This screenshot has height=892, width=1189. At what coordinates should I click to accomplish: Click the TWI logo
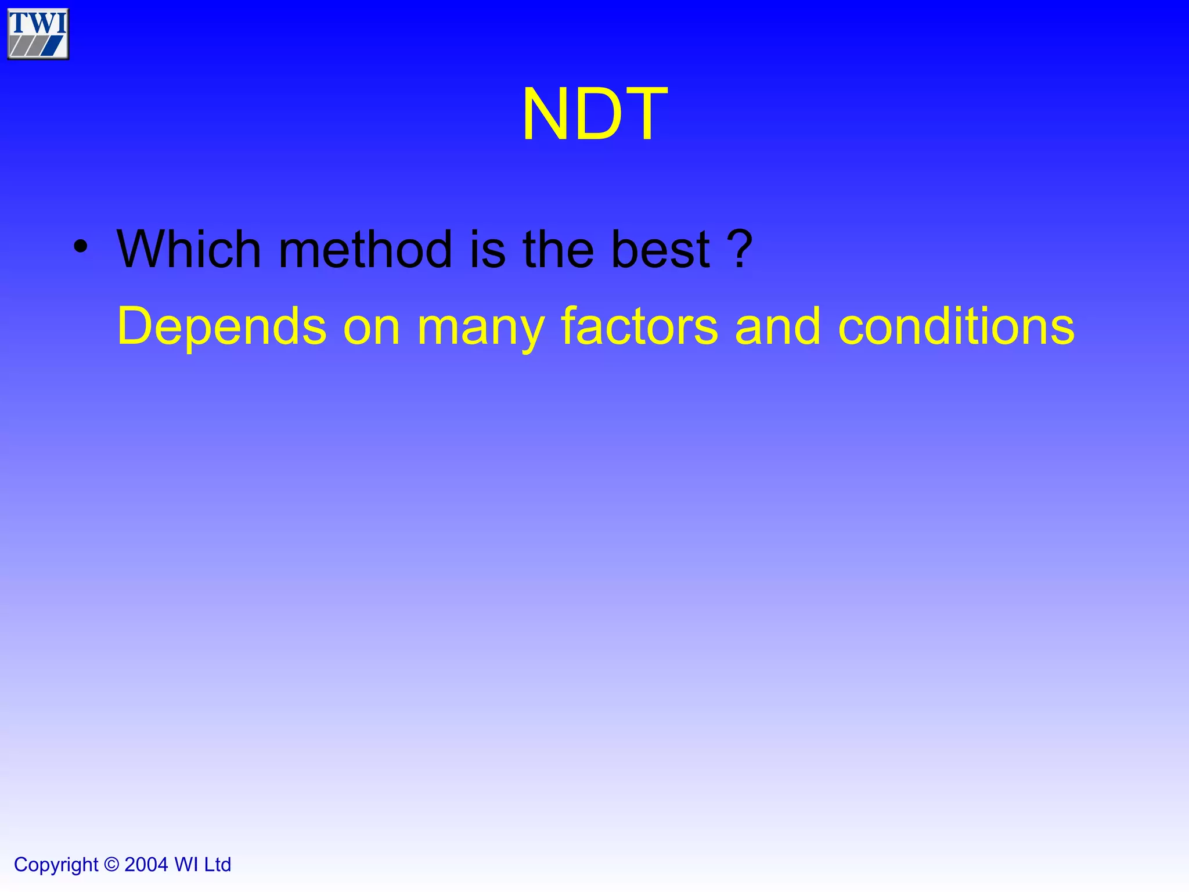(x=38, y=34)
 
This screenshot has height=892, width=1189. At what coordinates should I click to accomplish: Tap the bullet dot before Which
(x=81, y=247)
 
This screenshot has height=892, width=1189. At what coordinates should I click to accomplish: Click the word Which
(x=189, y=250)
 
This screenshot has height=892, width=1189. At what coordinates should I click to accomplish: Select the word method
(x=365, y=250)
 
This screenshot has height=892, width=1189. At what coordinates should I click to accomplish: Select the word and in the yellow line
(x=778, y=326)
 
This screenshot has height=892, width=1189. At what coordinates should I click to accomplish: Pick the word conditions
(x=956, y=326)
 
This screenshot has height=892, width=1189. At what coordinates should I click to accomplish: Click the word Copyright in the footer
(x=56, y=865)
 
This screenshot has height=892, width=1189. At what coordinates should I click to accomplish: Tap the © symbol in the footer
(x=111, y=864)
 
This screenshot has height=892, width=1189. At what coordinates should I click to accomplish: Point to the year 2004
(x=146, y=864)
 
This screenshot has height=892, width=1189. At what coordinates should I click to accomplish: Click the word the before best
(x=559, y=250)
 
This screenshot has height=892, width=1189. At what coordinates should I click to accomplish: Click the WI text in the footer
(x=186, y=864)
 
